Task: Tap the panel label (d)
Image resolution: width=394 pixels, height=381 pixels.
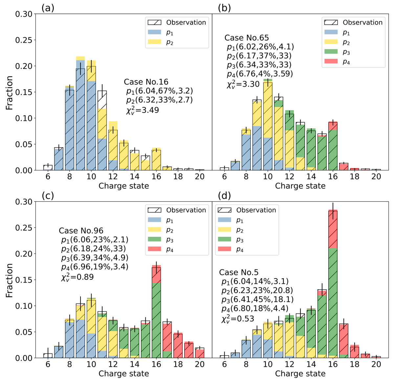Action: tap(224, 196)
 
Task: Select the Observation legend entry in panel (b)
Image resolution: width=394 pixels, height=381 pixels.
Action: tap(353, 22)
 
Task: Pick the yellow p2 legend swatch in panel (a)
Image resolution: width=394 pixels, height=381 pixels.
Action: tap(154, 42)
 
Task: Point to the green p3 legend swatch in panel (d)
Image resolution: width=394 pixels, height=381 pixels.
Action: tap(225, 240)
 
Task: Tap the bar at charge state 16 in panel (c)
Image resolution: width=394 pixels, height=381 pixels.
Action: tap(156, 312)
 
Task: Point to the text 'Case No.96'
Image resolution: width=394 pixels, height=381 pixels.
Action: tap(81, 231)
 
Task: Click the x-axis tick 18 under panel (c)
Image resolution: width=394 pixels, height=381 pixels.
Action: tap(178, 364)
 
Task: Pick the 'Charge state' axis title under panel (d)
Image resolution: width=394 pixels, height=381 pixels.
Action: tap(300, 374)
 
